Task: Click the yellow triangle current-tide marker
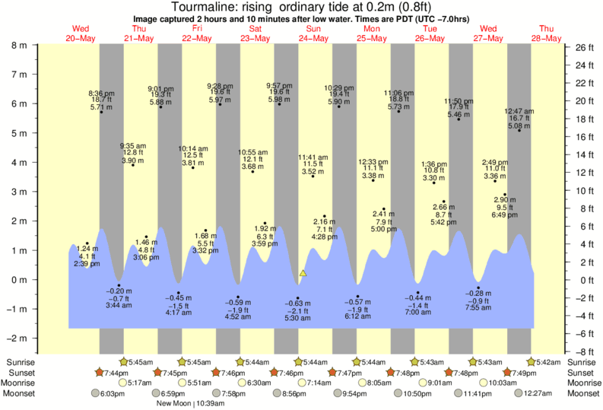click(303, 272)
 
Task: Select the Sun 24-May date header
click(312, 33)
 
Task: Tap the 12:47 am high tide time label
click(519, 111)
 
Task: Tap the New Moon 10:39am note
click(196, 403)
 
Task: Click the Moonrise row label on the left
click(23, 383)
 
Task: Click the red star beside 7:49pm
click(508, 373)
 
